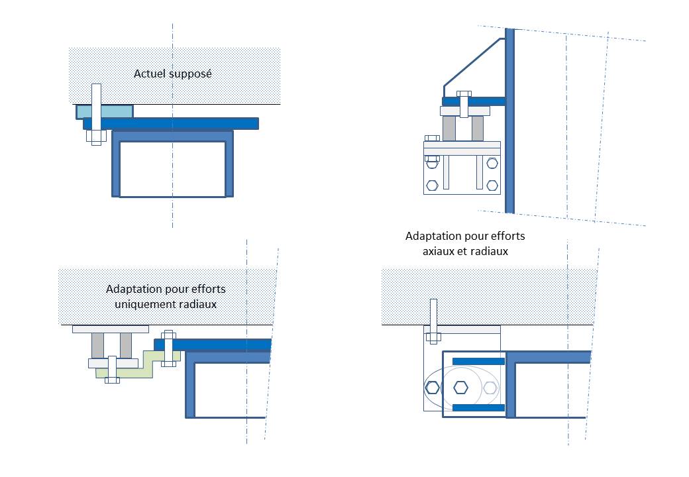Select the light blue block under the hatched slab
[113, 111]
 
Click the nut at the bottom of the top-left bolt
[97, 137]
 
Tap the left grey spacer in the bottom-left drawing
[98, 345]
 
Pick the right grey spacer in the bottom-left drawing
[127, 345]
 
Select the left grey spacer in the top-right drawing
[449, 128]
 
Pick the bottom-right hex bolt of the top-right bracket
[492, 185]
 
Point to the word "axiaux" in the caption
[439, 251]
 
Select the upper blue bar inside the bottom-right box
[478, 361]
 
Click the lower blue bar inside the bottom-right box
[478, 407]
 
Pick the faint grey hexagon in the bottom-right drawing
[490, 388]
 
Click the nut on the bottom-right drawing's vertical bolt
[433, 337]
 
